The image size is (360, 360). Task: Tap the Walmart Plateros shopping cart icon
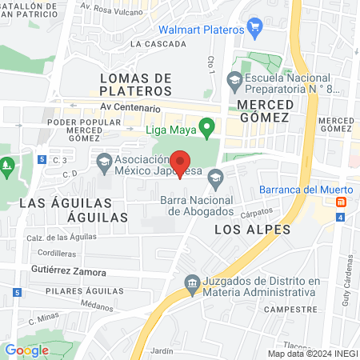255,30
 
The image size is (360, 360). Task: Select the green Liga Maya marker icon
207,126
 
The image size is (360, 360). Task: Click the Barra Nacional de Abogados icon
214,178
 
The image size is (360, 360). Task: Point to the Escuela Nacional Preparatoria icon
234,79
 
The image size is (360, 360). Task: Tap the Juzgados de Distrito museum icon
192,282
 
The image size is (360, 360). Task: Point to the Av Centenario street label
131,107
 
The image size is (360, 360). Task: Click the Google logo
26,350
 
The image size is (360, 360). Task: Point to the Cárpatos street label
257,214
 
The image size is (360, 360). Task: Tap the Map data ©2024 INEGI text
312,354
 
